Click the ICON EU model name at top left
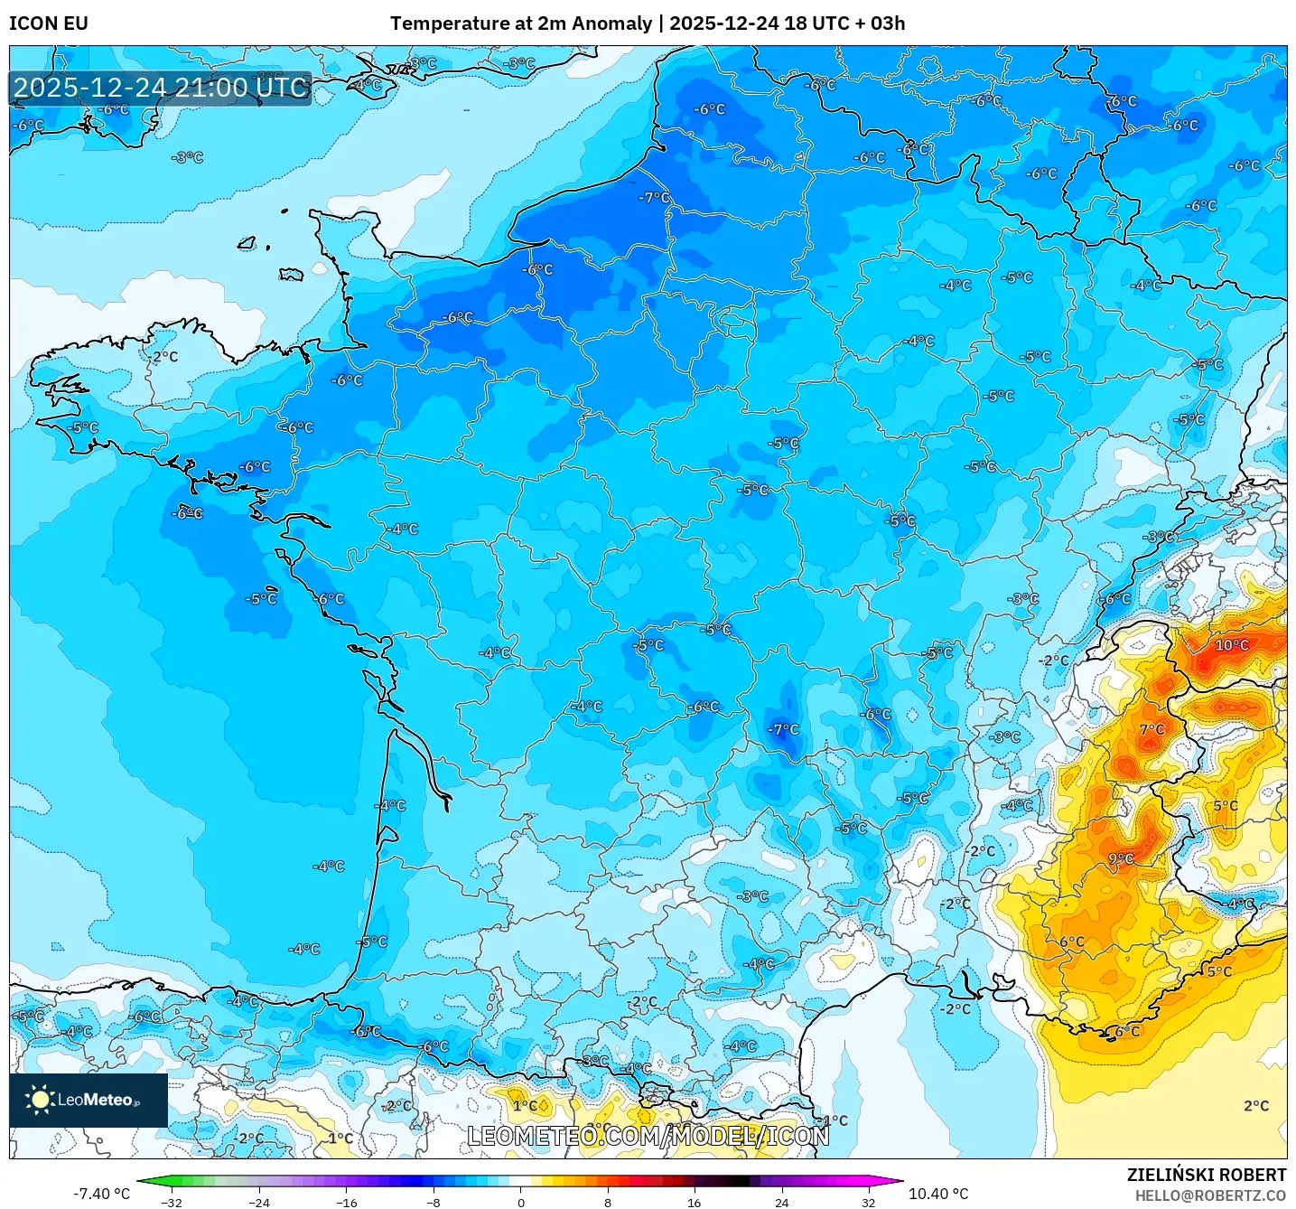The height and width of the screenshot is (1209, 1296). [x=49, y=23]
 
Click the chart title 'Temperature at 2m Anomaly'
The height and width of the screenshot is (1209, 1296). [x=520, y=23]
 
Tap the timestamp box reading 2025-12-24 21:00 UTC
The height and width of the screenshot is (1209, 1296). [x=161, y=88]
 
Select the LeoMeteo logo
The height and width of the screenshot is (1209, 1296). [x=89, y=1100]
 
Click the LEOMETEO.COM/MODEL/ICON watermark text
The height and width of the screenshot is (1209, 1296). [x=648, y=1136]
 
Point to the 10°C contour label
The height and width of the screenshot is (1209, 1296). [x=1231, y=645]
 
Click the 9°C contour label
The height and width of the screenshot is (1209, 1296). [x=1120, y=859]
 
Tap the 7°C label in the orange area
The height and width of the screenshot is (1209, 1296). [x=1151, y=729]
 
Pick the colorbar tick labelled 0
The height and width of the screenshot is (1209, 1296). [x=520, y=1202]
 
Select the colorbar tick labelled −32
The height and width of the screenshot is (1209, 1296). [x=172, y=1202]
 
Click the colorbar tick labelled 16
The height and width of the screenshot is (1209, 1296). [x=694, y=1202]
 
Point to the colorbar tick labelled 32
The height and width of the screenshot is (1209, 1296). [x=868, y=1202]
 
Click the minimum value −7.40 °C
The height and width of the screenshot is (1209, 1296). [x=101, y=1194]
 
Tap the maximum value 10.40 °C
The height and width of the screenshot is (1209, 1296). [x=938, y=1194]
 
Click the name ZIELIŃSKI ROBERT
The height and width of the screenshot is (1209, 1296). [x=1206, y=1175]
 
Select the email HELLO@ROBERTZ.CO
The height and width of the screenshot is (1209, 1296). [x=1210, y=1195]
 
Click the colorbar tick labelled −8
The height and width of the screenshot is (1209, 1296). [x=434, y=1202]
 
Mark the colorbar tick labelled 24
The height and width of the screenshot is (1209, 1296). [x=781, y=1202]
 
